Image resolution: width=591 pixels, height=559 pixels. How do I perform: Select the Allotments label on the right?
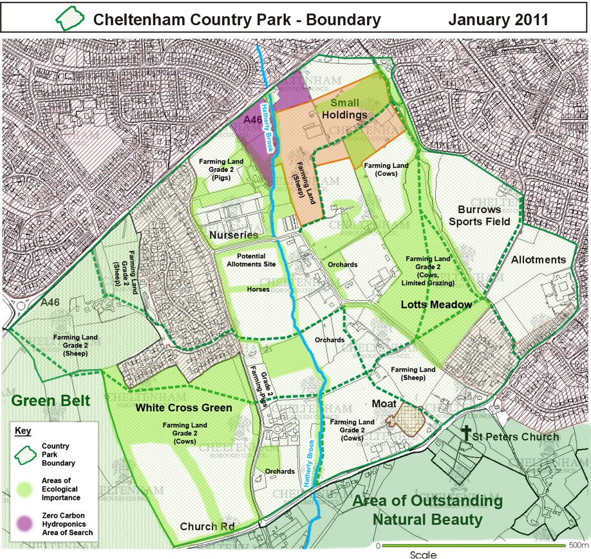coord(539,260)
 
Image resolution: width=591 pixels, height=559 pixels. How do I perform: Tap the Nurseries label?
coord(233,236)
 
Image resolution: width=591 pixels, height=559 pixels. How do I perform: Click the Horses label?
coord(258,290)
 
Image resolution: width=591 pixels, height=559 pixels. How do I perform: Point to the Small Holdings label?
coord(345,109)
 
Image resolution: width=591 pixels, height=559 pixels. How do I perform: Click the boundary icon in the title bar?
coord(69,19)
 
